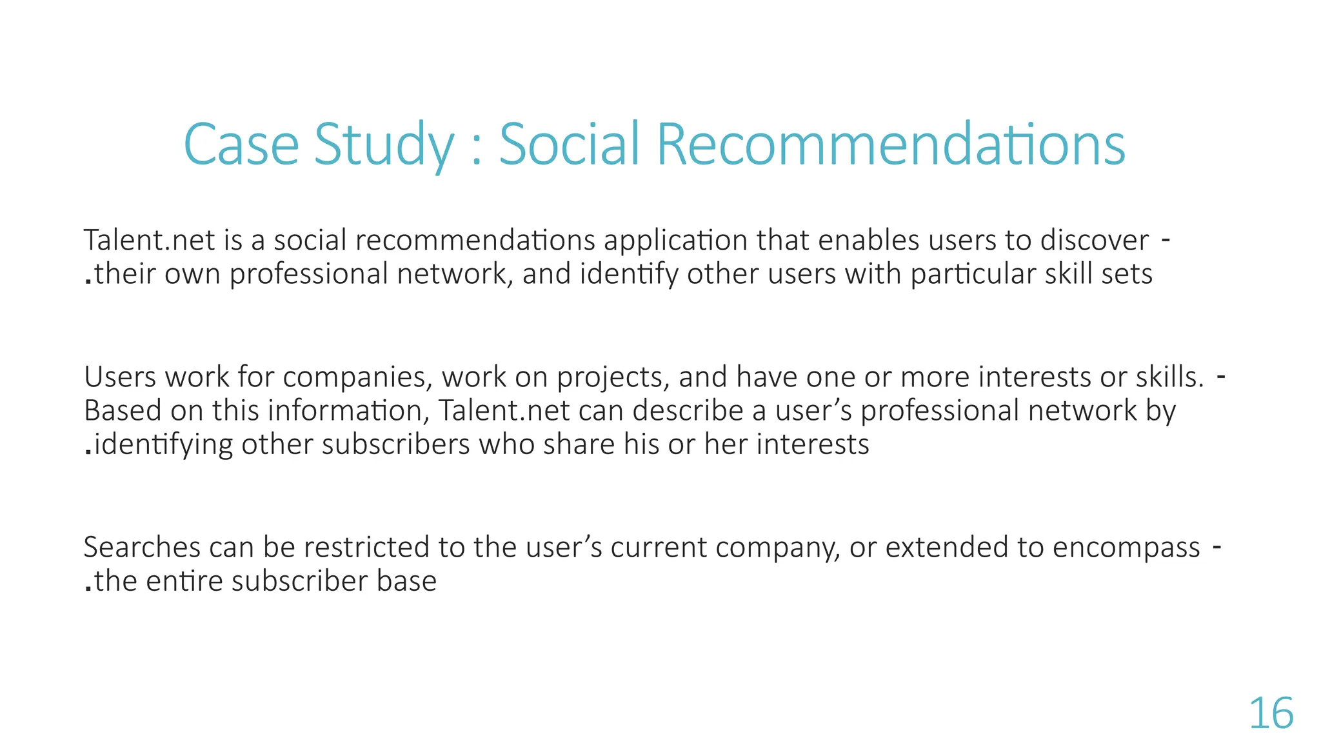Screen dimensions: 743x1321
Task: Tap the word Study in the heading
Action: pyautogui.click(x=384, y=146)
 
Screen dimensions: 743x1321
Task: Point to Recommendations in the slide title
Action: pyautogui.click(x=891, y=144)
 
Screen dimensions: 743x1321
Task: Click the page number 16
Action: pyautogui.click(x=1271, y=714)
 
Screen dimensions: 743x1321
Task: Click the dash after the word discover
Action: pyautogui.click(x=1166, y=240)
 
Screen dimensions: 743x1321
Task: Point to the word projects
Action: pyautogui.click(x=610, y=378)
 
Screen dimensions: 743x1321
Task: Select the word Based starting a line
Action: pyautogui.click(x=123, y=411)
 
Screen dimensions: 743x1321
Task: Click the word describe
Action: pyautogui.click(x=688, y=411)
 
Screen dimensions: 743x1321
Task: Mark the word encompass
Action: pyautogui.click(x=1126, y=548)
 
